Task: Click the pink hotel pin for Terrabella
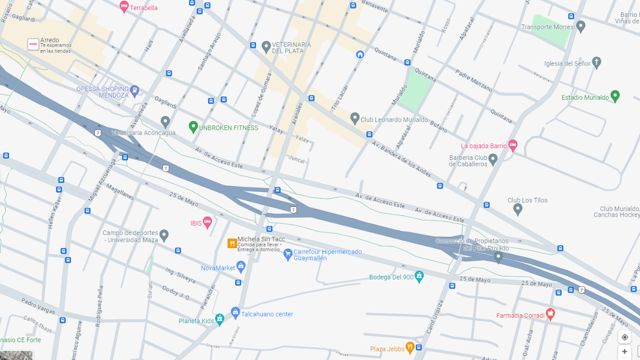pyautogui.click(x=124, y=7)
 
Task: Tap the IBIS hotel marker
pyautogui.click(x=207, y=222)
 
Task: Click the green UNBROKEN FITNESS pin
pyautogui.click(x=193, y=127)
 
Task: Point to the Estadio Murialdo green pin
pyautogui.click(x=615, y=97)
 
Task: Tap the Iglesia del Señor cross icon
pyautogui.click(x=596, y=62)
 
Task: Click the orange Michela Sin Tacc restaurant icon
pyautogui.click(x=232, y=243)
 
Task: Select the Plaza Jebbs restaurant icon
pyautogui.click(x=410, y=348)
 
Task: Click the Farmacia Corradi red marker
pyautogui.click(x=550, y=314)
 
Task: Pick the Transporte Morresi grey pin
pyautogui.click(x=581, y=26)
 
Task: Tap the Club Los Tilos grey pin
pyautogui.click(x=517, y=209)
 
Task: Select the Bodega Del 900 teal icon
pyautogui.click(x=419, y=276)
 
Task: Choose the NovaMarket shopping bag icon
pyautogui.click(x=241, y=267)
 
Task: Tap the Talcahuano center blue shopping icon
pyautogui.click(x=235, y=313)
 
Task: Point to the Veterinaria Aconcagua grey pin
pyautogui.click(x=165, y=122)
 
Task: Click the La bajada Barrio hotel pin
pyautogui.click(x=513, y=145)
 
